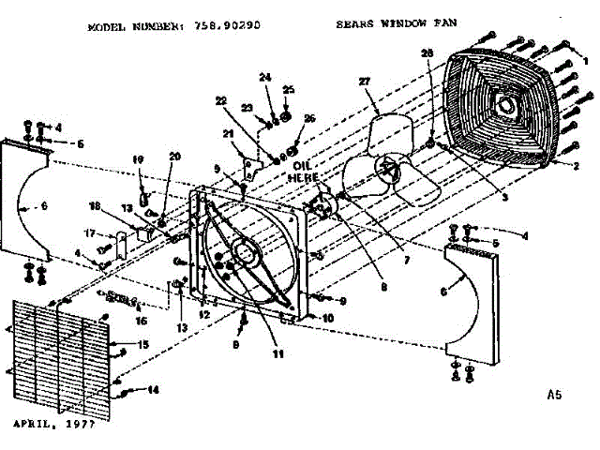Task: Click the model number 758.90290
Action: click(228, 28)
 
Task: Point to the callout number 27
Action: click(366, 82)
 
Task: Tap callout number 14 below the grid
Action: click(153, 390)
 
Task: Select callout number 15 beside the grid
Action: click(143, 344)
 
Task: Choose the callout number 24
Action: click(264, 77)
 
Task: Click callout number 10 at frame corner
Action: click(328, 318)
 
